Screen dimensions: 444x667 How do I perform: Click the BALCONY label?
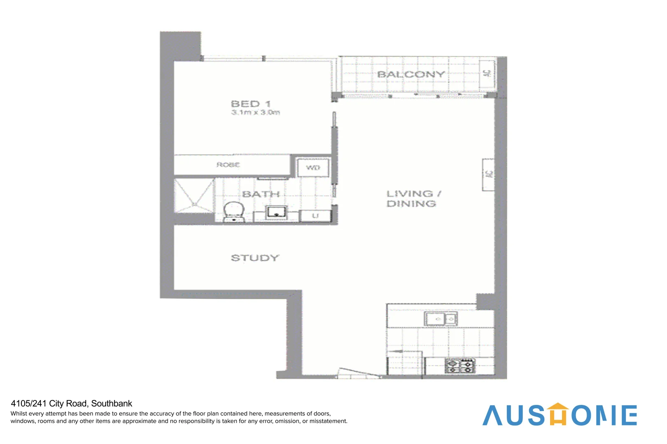point(411,74)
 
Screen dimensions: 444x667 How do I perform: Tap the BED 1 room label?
point(251,104)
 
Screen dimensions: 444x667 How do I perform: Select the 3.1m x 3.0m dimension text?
point(255,112)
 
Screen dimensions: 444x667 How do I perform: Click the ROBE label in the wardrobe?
point(228,165)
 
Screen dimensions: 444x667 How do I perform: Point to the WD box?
point(313,167)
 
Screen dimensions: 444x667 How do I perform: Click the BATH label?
point(261,194)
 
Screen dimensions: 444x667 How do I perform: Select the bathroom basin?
point(275,213)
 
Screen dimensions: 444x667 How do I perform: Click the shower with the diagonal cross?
point(194,196)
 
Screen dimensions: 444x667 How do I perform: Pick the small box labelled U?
point(315,216)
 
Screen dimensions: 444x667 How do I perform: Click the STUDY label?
point(255,258)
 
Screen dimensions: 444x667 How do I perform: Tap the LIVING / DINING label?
point(413,199)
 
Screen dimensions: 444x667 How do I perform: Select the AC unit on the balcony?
point(488,74)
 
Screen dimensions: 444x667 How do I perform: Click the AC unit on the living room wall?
point(488,174)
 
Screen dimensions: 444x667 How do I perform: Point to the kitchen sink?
point(441,319)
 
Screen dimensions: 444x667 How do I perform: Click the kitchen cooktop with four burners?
point(460,365)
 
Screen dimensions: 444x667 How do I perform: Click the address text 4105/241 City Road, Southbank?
point(72,404)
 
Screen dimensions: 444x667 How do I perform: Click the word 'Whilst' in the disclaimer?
point(19,414)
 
